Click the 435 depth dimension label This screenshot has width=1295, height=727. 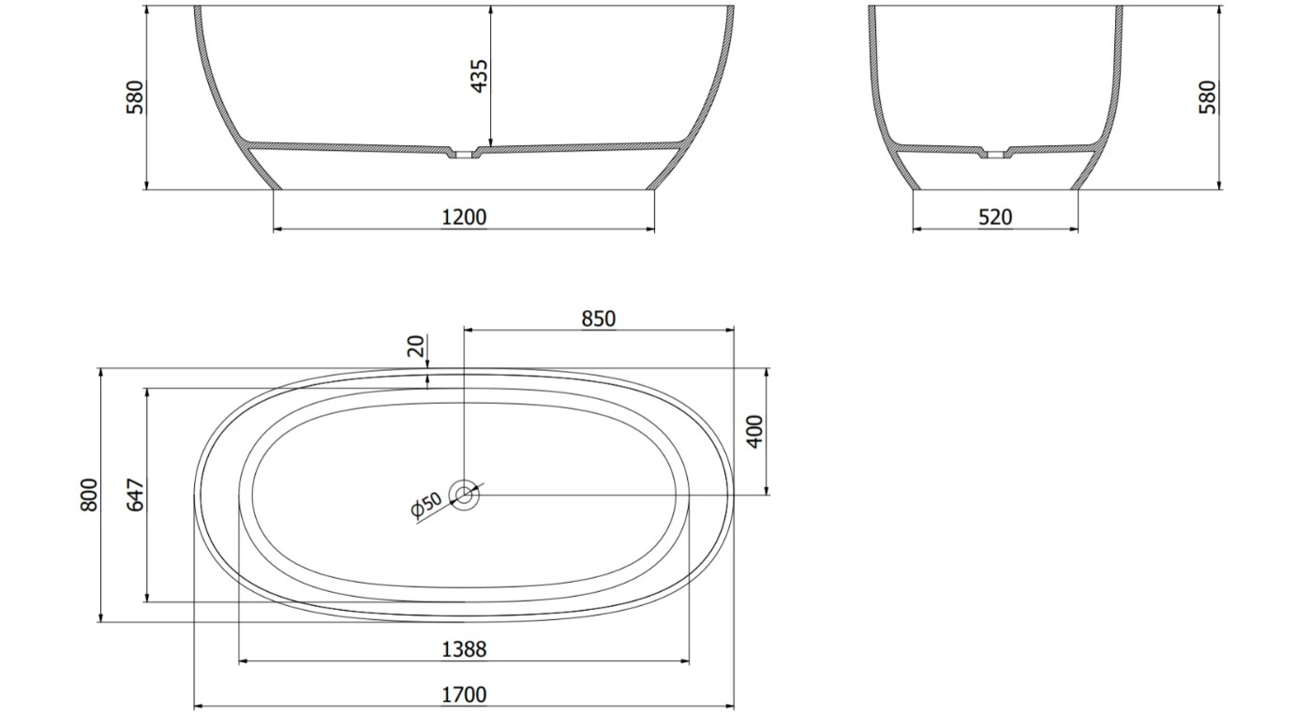pyautogui.click(x=480, y=76)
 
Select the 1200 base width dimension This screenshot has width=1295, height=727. pyautogui.click(x=464, y=217)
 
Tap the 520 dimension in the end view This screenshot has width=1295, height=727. pyautogui.click(x=995, y=217)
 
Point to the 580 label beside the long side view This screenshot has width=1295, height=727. pyautogui.click(x=135, y=97)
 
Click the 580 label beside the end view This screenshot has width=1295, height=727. pyautogui.click(x=1208, y=97)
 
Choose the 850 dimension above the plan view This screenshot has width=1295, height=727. pyautogui.click(x=599, y=319)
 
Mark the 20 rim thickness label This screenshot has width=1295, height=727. pyautogui.click(x=416, y=346)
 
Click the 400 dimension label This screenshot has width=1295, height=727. pyautogui.click(x=755, y=431)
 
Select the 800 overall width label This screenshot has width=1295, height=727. pyautogui.click(x=89, y=495)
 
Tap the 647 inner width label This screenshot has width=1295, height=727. pyautogui.click(x=135, y=495)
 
